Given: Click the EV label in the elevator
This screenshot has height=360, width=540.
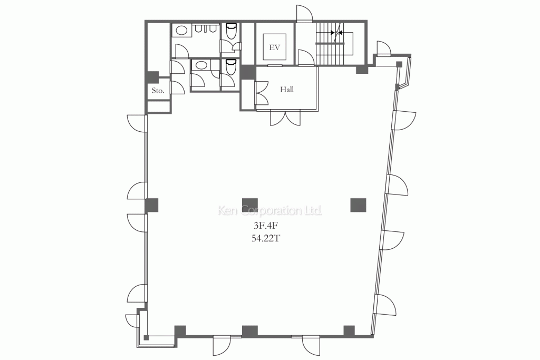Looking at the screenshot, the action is point(274,47).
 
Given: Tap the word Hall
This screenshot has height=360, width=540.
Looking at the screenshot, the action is point(286,90).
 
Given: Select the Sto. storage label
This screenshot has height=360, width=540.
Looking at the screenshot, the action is point(158,91).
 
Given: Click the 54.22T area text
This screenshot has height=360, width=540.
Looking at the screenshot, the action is point(265,238).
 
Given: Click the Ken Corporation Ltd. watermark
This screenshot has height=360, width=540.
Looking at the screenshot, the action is point(270,210).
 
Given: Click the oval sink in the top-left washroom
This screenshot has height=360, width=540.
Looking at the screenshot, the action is point(181,30).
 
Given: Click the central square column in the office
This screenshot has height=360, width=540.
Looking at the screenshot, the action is point(250,205).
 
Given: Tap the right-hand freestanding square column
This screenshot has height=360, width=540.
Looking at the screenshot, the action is point(358,205).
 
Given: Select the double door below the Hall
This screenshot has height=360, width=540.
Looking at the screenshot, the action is point(285,118).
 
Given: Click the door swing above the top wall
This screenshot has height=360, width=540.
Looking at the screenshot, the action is point(304,14).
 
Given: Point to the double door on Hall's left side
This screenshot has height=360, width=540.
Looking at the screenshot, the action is point(262,93).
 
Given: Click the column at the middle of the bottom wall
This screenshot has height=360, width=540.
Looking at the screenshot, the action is point(250,331).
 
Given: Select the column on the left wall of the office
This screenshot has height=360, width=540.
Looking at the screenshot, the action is point(151,205).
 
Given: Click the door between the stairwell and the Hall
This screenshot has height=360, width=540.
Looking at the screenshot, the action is point(305,57).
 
